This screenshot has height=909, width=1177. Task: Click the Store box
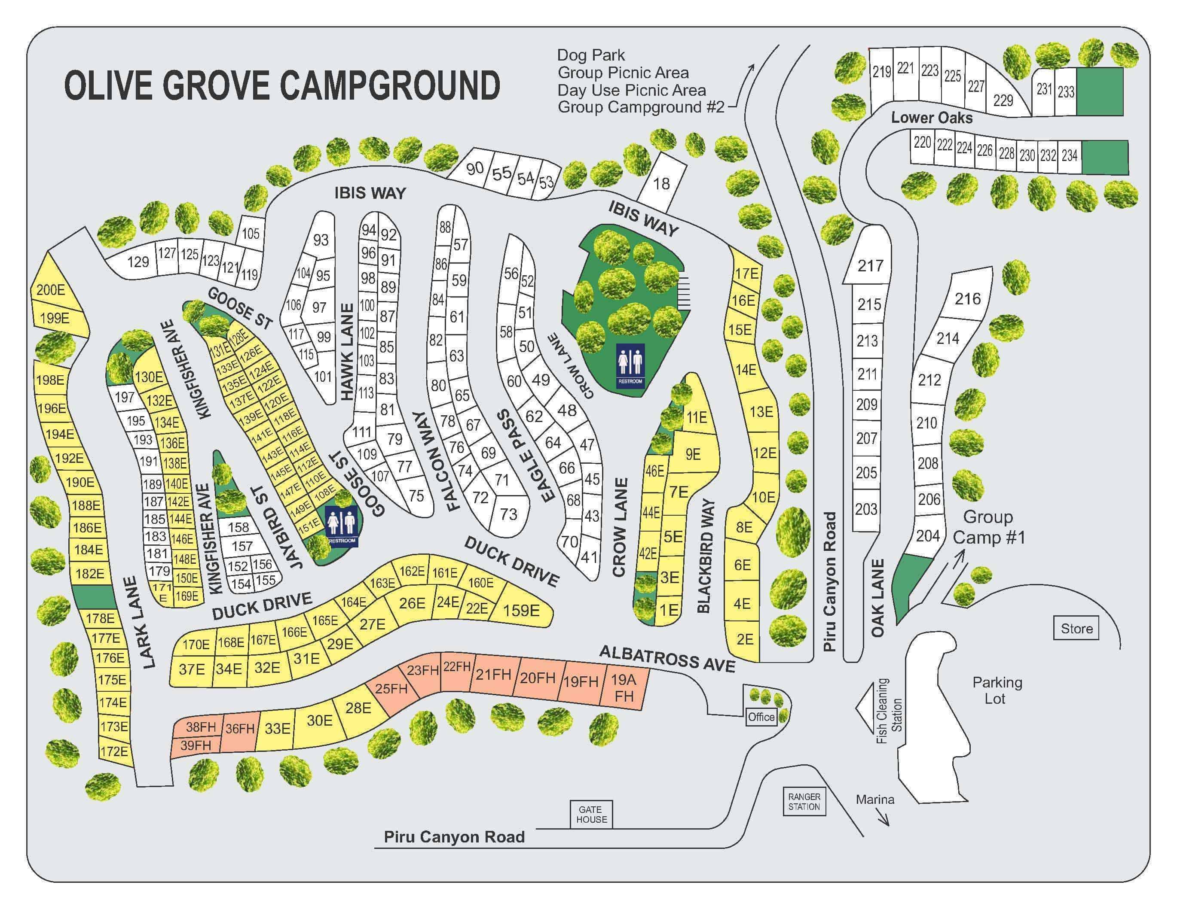[1076, 629]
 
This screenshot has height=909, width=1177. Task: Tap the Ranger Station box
[804, 802]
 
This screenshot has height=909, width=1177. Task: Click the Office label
[761, 717]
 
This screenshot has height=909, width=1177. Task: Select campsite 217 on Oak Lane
[870, 265]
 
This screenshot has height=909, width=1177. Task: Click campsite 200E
[51, 290]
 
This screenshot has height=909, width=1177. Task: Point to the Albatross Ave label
[667, 659]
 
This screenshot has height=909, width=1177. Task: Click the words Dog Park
[591, 55]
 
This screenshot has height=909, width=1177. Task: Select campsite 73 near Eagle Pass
[508, 514]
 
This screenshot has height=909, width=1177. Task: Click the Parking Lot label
[997, 690]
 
